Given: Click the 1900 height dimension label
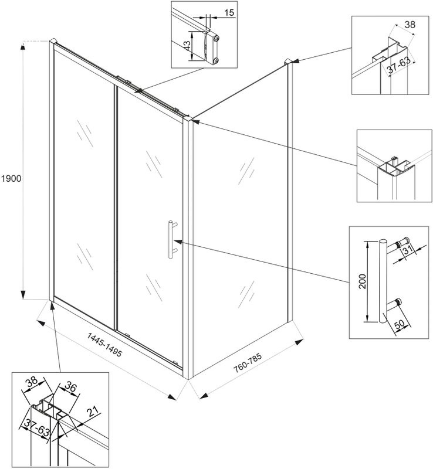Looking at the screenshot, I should pyautogui.click(x=11, y=178).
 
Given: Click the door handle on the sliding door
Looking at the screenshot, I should pyautogui.click(x=171, y=239).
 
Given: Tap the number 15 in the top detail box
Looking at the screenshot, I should pyautogui.click(x=229, y=12).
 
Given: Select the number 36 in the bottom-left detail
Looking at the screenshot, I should pyautogui.click(x=71, y=388).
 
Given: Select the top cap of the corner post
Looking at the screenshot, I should pyautogui.click(x=189, y=120).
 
